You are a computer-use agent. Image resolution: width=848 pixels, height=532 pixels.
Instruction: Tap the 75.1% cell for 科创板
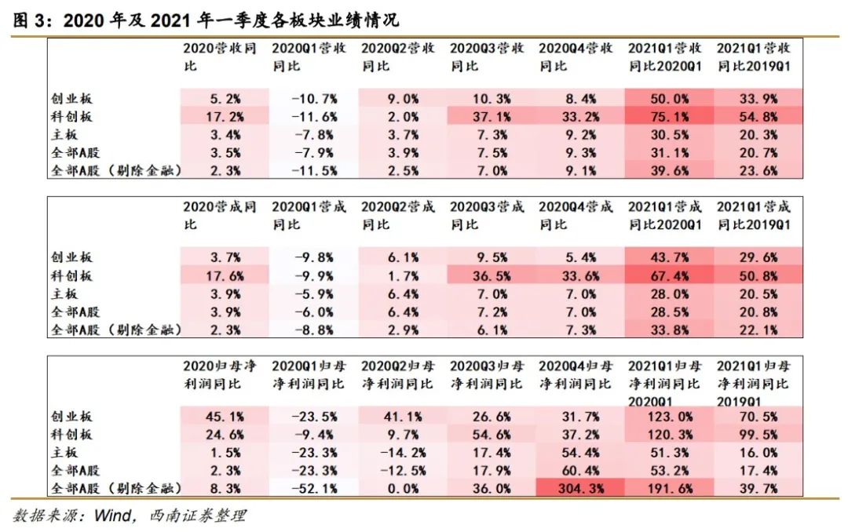coord(669,116)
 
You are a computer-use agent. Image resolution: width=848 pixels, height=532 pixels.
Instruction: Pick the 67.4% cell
coord(669,276)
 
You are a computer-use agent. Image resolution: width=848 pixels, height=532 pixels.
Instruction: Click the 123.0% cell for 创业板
coord(669,416)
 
